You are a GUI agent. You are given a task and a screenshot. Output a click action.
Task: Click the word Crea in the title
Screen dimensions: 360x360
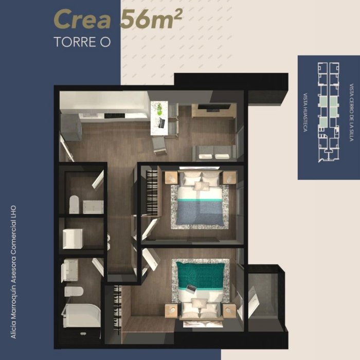click(x=83, y=20)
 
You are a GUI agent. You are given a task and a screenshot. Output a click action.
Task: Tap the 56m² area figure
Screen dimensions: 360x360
click(x=151, y=20)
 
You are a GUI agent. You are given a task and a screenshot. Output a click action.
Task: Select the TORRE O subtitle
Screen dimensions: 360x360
click(x=82, y=42)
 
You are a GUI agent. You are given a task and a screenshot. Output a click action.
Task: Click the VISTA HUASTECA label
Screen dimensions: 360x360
click(x=305, y=112)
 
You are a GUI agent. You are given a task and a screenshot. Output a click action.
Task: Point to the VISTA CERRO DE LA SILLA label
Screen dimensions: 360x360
click(x=351, y=112)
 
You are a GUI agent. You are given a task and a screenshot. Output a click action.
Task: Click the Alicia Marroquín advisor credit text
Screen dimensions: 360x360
click(x=13, y=272)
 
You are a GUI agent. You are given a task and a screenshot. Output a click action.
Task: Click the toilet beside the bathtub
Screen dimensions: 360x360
click(x=74, y=292)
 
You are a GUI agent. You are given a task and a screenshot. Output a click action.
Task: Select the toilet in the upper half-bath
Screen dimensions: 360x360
click(x=74, y=204)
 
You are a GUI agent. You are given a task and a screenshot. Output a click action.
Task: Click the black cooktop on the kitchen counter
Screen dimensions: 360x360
click(x=114, y=116)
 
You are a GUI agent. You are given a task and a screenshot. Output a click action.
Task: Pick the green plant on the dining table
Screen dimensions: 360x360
click(x=159, y=109)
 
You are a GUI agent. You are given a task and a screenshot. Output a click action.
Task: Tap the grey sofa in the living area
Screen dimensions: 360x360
click(x=214, y=153)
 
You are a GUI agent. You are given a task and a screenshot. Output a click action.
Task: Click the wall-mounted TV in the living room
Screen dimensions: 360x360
click(x=214, y=106)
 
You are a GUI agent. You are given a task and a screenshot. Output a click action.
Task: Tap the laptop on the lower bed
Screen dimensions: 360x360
click(x=191, y=289)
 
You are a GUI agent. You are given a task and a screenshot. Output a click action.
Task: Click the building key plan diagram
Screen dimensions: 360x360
click(x=329, y=112)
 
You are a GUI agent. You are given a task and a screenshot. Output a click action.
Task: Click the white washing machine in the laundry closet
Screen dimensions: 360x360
click(x=73, y=239)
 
